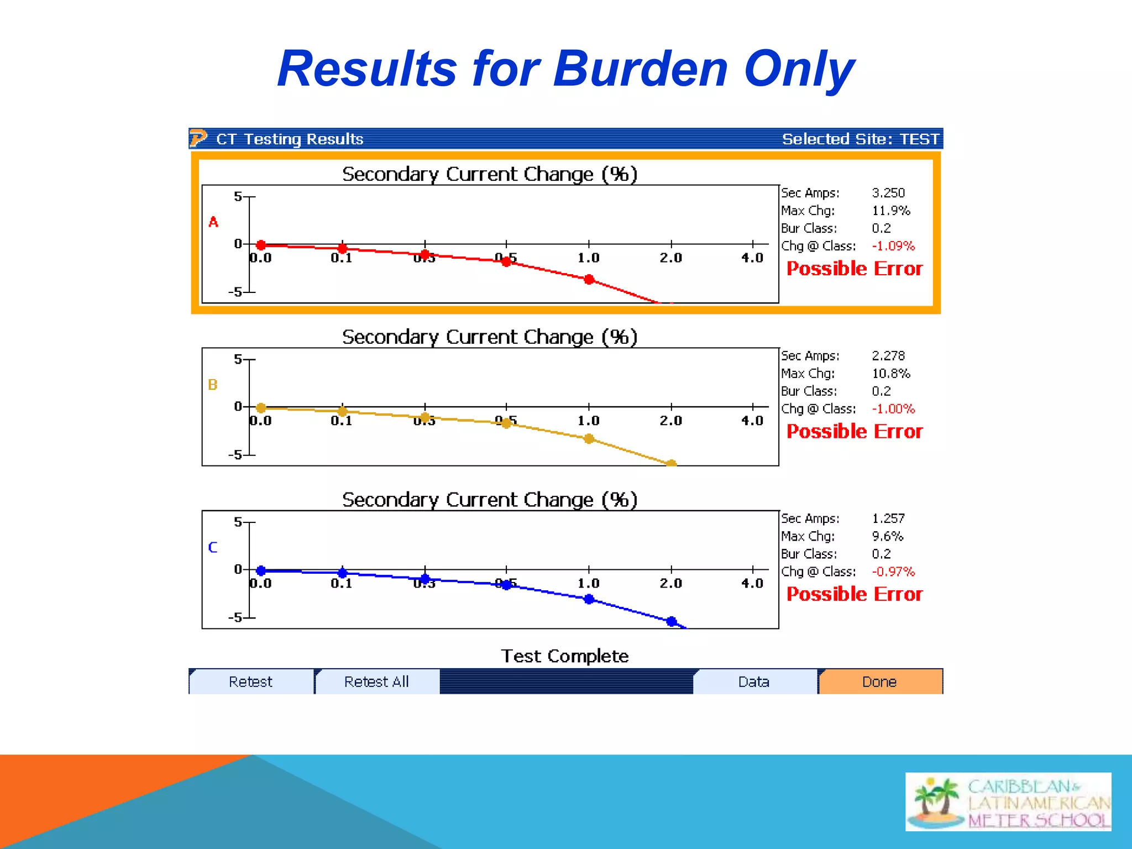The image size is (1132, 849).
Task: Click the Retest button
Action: click(250, 682)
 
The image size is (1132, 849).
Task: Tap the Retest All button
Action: click(376, 682)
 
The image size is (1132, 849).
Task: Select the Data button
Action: click(754, 682)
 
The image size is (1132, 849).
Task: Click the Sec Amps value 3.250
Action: click(888, 193)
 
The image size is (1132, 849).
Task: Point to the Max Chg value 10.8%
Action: click(890, 374)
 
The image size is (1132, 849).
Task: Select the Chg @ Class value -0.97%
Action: click(893, 572)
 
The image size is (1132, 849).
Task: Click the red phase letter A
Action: click(213, 222)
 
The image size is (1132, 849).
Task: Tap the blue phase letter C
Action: click(213, 547)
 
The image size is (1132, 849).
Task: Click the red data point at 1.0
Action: click(589, 280)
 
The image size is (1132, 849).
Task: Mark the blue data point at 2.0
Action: click(672, 621)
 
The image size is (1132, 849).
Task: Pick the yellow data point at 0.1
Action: click(343, 411)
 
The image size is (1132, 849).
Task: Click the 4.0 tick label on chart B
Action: click(752, 421)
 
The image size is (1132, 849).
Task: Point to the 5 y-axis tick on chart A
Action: click(238, 196)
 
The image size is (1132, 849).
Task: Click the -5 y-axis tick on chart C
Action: click(235, 617)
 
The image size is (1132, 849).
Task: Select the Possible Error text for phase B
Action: click(855, 431)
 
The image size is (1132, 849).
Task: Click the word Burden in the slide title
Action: click(640, 69)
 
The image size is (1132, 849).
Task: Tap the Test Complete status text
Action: click(564, 656)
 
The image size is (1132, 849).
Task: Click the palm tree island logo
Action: click(936, 801)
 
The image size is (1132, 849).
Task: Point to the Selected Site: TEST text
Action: click(860, 139)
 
